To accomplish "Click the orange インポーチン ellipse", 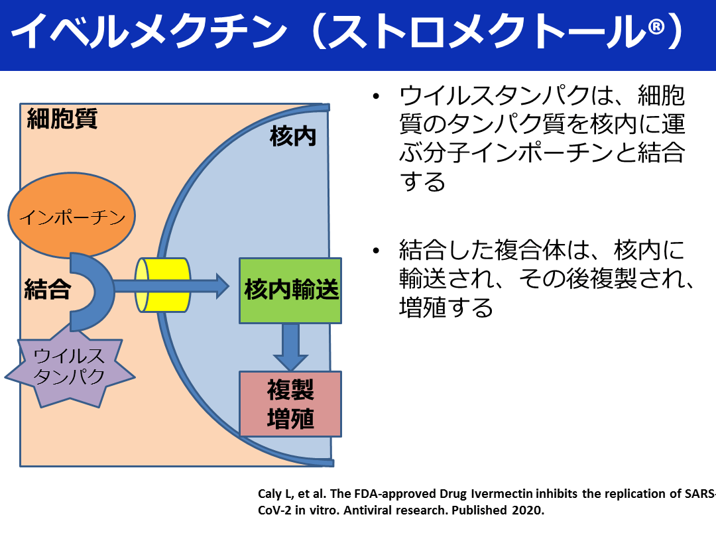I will pos(72,217).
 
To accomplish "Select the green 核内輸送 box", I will pos(290,290).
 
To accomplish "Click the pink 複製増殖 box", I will pos(290,403).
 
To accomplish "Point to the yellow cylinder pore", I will pos(163,285).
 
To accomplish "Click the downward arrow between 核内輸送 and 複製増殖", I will pos(290,346).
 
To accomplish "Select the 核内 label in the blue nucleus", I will pos(292,137).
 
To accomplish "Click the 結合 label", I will pos(46,290).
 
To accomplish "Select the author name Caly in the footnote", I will pos(268,495).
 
